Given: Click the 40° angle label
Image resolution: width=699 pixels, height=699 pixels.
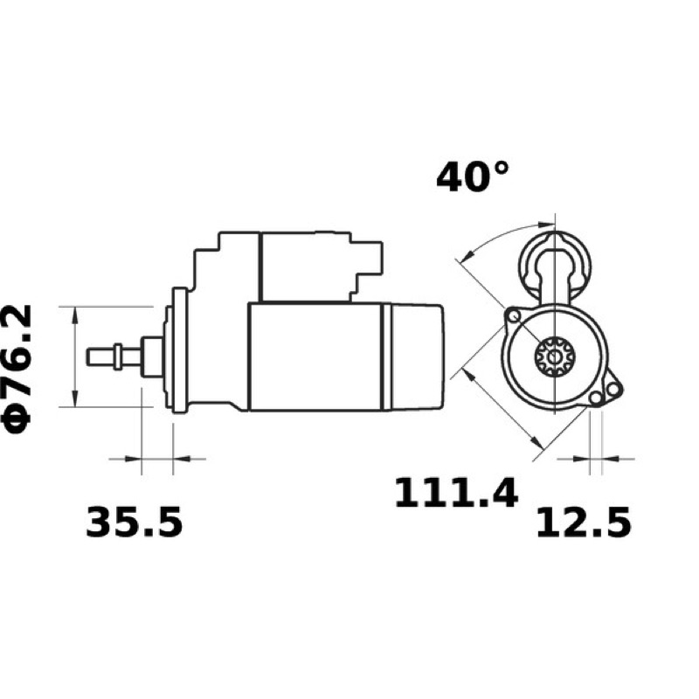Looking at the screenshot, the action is tap(472, 177).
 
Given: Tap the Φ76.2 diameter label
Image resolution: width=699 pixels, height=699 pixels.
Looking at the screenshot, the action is tap(18, 370).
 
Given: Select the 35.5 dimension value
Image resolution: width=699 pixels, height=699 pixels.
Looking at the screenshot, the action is tap(134, 522).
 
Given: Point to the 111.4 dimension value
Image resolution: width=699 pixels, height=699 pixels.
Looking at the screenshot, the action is tap(456, 492).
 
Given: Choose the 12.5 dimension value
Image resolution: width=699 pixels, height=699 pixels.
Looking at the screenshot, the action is tap(583, 522).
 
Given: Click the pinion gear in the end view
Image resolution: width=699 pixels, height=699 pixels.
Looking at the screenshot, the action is tap(555, 356).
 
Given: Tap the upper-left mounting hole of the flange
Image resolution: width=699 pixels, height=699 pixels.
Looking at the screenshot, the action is tap(515, 316).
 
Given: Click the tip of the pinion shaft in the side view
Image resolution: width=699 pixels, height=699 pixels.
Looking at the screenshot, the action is tap(88, 356).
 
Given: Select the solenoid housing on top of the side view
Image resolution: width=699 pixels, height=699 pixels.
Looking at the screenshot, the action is tap(287, 266).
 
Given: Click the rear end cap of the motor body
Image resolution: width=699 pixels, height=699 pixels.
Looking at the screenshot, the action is tap(417, 356).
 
